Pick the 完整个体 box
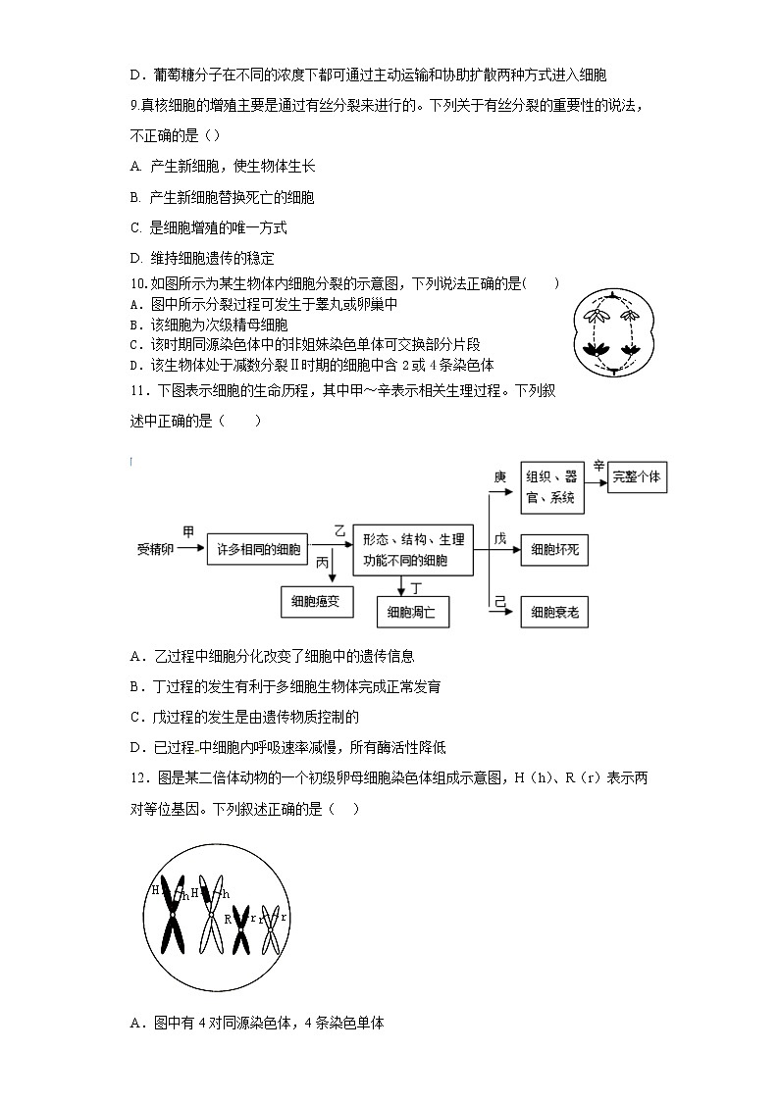pos(637,477)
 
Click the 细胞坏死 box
pos(554,550)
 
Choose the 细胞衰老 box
pos(554,613)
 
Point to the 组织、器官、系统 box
pos(553,487)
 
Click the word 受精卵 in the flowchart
pos(155,550)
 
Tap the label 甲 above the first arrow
pos(188,532)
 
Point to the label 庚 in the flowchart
pos(499,476)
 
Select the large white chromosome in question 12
pos(211,912)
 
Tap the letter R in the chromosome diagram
pos(228,919)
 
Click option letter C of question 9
pos(136,228)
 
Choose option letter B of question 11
pos(135,686)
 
